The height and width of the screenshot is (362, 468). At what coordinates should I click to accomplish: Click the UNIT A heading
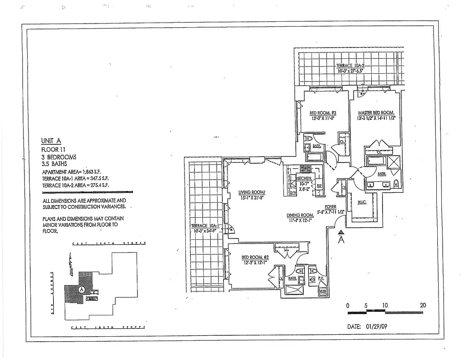[52, 140]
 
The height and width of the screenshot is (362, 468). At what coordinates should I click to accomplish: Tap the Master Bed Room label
[376, 113]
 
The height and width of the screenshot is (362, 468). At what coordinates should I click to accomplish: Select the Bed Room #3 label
[322, 113]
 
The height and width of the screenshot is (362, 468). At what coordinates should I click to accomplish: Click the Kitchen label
[304, 178]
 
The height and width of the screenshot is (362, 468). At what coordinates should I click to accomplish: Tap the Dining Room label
[300, 215]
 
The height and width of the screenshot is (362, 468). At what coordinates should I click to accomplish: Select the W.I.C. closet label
[361, 202]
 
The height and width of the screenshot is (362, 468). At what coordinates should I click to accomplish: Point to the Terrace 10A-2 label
[350, 66]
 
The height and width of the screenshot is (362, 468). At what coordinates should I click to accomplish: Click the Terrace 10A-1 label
[205, 226]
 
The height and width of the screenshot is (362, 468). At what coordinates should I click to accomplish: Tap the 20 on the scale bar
[422, 305]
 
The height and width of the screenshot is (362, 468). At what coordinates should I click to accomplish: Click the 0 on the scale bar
[348, 305]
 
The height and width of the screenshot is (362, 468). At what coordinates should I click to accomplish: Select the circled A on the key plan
[81, 290]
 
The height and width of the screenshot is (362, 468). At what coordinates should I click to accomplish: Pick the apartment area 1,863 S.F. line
[75, 172]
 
